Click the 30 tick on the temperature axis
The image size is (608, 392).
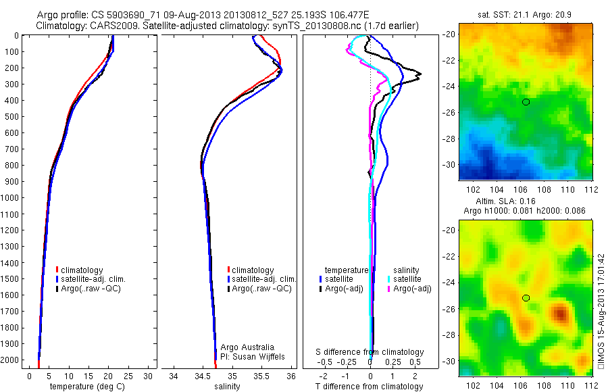(149, 375)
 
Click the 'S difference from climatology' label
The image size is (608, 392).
(370, 352)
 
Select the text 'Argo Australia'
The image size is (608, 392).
(247, 347)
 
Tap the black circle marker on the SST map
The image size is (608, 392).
(526, 102)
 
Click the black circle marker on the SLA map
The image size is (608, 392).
(526, 298)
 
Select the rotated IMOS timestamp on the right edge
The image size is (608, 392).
(601, 312)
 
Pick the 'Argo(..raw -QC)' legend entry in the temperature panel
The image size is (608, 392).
(94, 289)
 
